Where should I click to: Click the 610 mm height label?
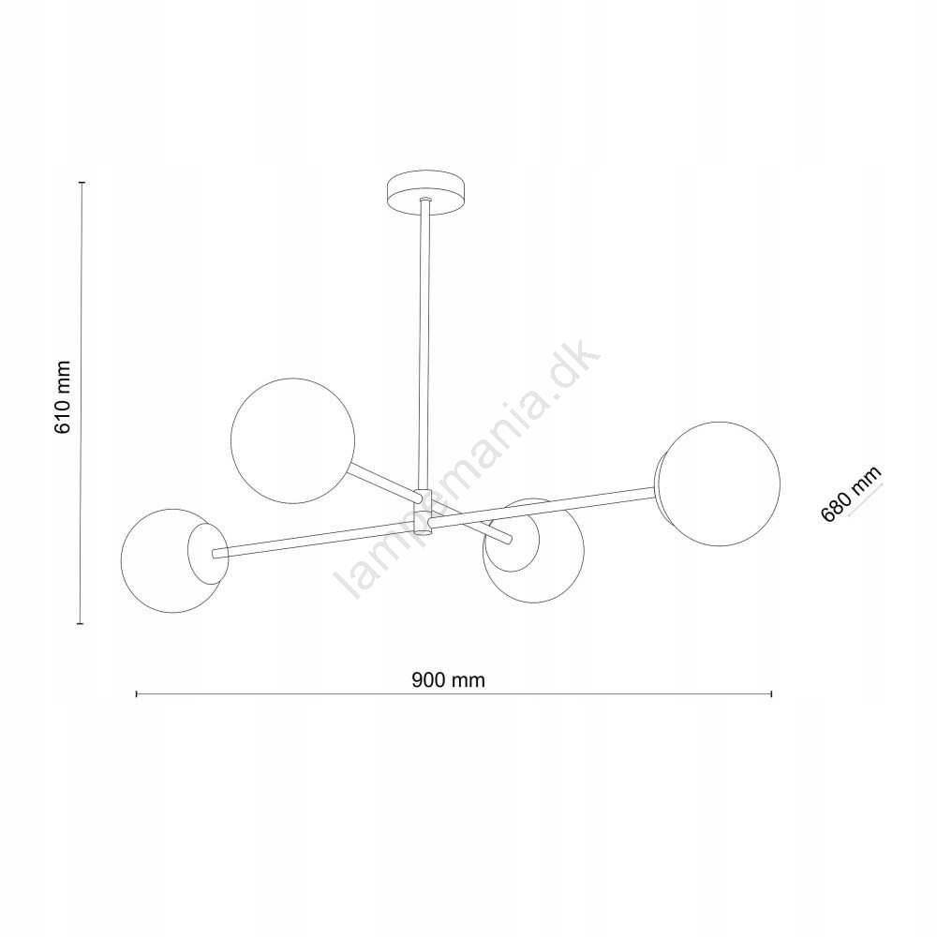click(63, 397)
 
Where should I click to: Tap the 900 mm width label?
click(448, 679)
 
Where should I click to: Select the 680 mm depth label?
click(851, 494)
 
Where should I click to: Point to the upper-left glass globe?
click(292, 440)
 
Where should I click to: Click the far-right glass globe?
click(721, 484)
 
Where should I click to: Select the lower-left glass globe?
click(171, 560)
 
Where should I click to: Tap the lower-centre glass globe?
click(534, 551)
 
